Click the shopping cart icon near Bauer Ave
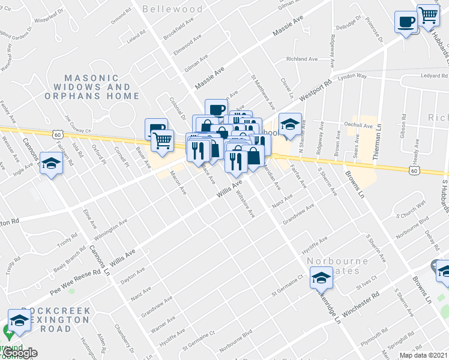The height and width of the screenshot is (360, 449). point(162,141)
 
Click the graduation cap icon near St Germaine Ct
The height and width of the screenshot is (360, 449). point(321,278)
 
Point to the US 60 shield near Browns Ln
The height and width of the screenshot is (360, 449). point(414,171)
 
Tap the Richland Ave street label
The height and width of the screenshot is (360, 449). point(302,59)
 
